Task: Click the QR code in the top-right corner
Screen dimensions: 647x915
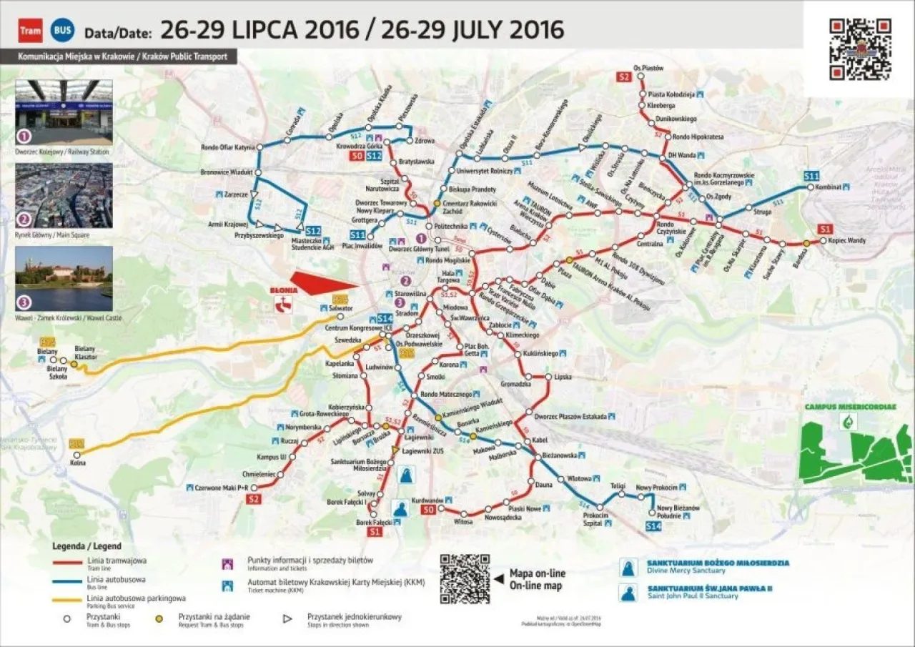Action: pyautogui.click(x=860, y=49)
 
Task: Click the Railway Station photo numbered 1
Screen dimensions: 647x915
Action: pyautogui.click(x=64, y=112)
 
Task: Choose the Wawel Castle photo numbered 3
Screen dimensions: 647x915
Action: pyautogui.click(x=64, y=279)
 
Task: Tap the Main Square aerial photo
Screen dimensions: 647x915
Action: pyautogui.click(x=64, y=195)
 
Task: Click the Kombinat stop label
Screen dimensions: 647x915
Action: pyautogui.click(x=829, y=187)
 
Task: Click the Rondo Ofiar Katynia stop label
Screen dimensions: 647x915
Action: pyautogui.click(x=228, y=147)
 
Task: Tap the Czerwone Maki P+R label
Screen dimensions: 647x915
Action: pyautogui.click(x=221, y=488)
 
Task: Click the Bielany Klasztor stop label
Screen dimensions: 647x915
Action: pyautogui.click(x=86, y=352)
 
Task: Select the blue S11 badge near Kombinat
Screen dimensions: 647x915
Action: pyautogui.click(x=811, y=176)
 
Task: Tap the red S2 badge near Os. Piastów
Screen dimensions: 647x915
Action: pyautogui.click(x=623, y=77)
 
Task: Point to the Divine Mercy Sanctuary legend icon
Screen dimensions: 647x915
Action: pyautogui.click(x=630, y=566)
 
